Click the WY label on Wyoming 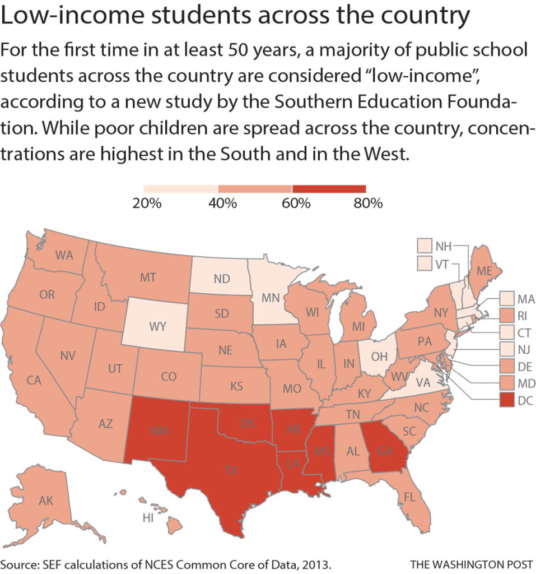tap(157, 326)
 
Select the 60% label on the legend tap(296, 203)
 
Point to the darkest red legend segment tap(329, 189)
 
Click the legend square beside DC tap(507, 400)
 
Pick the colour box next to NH tap(425, 246)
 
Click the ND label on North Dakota tap(222, 279)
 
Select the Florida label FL tap(410, 497)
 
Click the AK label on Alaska tap(46, 501)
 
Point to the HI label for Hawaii tap(148, 518)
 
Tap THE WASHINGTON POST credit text tap(471, 564)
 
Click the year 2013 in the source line tap(317, 564)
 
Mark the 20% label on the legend tap(147, 203)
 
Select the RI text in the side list tap(522, 316)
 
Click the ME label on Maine tap(484, 271)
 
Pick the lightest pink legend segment tap(181, 189)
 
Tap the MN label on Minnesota tap(271, 298)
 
